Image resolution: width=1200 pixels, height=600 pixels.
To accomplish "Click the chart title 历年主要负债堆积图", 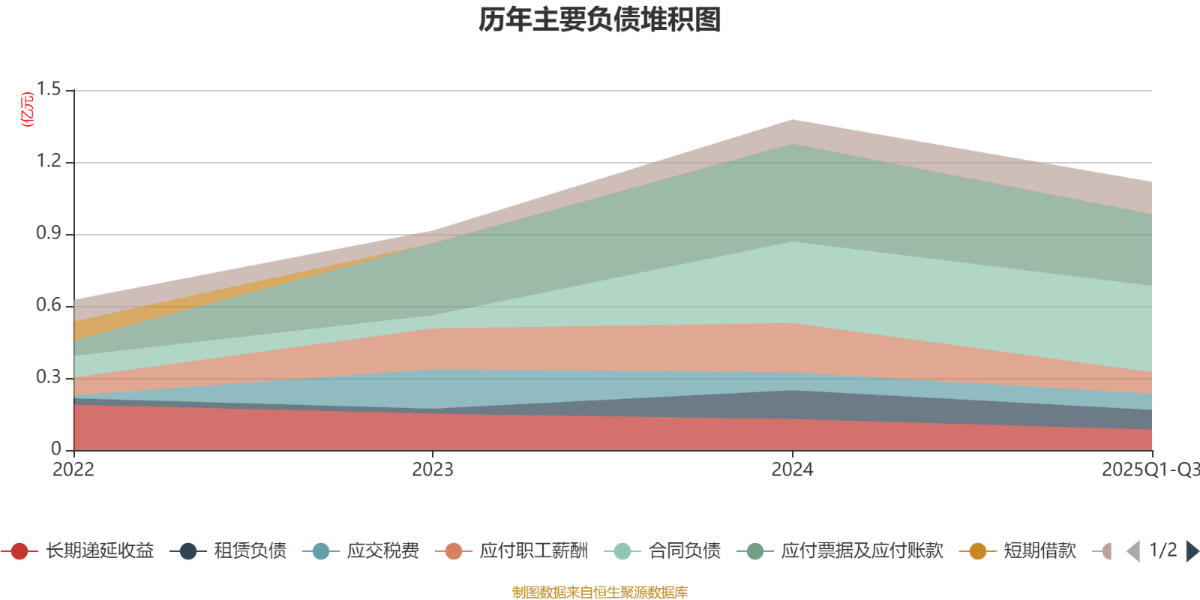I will pos(600,20).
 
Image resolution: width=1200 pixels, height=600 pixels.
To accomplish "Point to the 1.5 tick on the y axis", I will pos(49,90).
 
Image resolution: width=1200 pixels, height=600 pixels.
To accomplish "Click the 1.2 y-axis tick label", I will pos(49,162).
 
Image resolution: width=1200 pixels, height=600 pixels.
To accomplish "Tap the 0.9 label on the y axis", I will pos(49,234).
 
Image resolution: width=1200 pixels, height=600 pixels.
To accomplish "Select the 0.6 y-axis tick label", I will pos(49,306).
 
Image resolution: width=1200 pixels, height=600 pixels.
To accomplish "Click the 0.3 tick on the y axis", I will pos(49,378).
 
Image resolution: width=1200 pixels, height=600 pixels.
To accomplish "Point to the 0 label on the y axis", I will pos(56,449).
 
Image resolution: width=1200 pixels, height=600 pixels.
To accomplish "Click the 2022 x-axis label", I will pos(73,470).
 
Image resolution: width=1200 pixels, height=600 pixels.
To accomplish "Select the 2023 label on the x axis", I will pos(433,470).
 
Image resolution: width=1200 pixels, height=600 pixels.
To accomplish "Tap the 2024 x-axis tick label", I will pos(793,470).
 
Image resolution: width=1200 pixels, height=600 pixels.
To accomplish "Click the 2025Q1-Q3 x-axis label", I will pos(1149,470).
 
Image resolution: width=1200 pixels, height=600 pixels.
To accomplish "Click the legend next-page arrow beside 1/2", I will pos(1192,551).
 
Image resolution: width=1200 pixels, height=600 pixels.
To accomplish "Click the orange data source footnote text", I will pos(600,592).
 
